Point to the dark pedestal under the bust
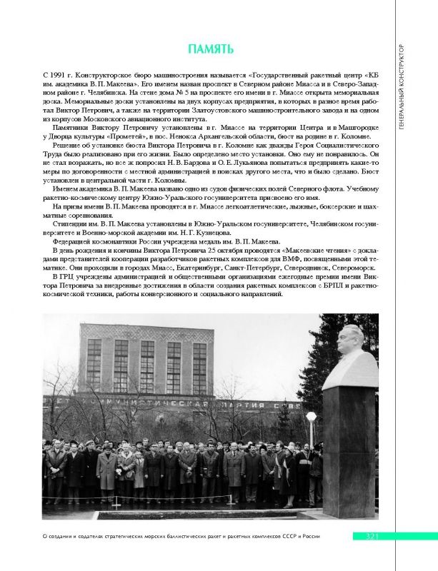pyautogui.click(x=349, y=450)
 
